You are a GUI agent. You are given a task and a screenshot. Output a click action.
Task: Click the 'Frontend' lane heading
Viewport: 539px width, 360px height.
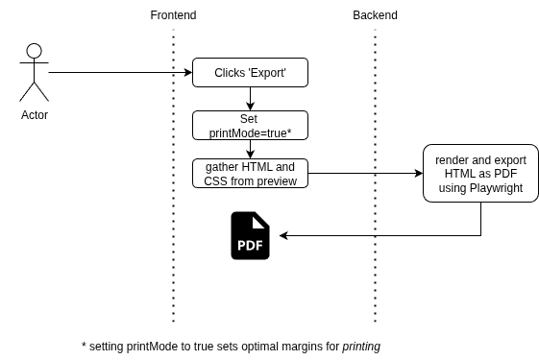[x=173, y=15]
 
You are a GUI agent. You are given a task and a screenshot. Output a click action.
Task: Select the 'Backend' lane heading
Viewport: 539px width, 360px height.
[x=375, y=15]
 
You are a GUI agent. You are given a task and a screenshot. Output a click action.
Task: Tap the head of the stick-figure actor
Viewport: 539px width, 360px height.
[x=35, y=52]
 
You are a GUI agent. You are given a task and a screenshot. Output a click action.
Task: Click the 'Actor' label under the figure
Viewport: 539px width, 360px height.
[x=35, y=115]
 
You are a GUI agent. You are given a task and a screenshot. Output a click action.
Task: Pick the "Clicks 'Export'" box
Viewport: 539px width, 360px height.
[x=250, y=73]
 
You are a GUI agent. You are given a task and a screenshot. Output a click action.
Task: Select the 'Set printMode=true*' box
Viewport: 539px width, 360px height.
[x=250, y=125]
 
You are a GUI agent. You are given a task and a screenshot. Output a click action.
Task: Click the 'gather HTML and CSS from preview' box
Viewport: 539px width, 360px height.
[x=250, y=174]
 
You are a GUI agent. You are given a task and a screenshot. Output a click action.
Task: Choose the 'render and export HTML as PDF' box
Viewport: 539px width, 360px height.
[x=480, y=174]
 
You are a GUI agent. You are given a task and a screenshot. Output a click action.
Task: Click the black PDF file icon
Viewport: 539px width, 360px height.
[x=250, y=236]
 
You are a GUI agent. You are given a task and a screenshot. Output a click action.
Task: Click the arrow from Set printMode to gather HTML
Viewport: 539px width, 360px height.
[x=250, y=149]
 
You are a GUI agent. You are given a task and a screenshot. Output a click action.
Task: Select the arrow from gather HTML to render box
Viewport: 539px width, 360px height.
[x=365, y=174]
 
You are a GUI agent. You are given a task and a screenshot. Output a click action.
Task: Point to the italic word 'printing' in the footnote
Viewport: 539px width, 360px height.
[x=367, y=346]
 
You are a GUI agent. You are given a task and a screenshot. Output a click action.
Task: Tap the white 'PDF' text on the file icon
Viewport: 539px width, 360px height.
[x=250, y=246]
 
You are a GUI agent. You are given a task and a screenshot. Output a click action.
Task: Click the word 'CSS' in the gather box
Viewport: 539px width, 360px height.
[x=216, y=180]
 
